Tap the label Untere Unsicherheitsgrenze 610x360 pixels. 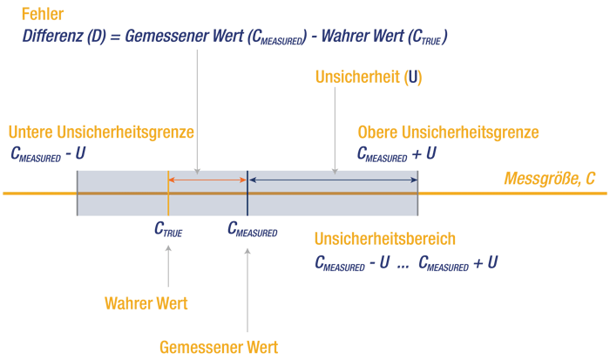coord(101,132)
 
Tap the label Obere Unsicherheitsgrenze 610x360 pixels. coord(448,132)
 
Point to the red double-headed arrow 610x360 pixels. coord(207,180)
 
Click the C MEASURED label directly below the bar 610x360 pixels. coord(252,229)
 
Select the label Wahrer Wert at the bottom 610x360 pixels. coord(146,304)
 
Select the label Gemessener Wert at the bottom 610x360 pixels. coord(219,347)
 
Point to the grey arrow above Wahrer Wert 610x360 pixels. coord(167,266)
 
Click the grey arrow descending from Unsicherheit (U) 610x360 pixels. coord(336,131)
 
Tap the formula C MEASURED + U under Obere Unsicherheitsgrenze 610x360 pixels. coord(396,153)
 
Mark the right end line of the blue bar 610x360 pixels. coord(418,193)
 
